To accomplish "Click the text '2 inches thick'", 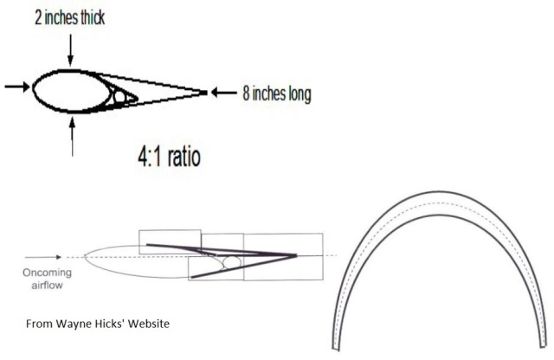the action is point(70,17).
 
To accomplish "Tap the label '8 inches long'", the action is point(277,93).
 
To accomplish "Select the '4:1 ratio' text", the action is point(170,157).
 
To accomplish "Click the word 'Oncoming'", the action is point(47,273).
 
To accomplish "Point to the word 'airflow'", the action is point(47,285).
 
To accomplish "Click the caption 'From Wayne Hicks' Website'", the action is point(98,324).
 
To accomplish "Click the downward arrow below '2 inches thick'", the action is point(71,50).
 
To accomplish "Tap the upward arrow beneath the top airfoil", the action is point(73,137).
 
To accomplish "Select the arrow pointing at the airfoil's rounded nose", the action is point(17,87).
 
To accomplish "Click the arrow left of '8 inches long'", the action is point(224,93).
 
